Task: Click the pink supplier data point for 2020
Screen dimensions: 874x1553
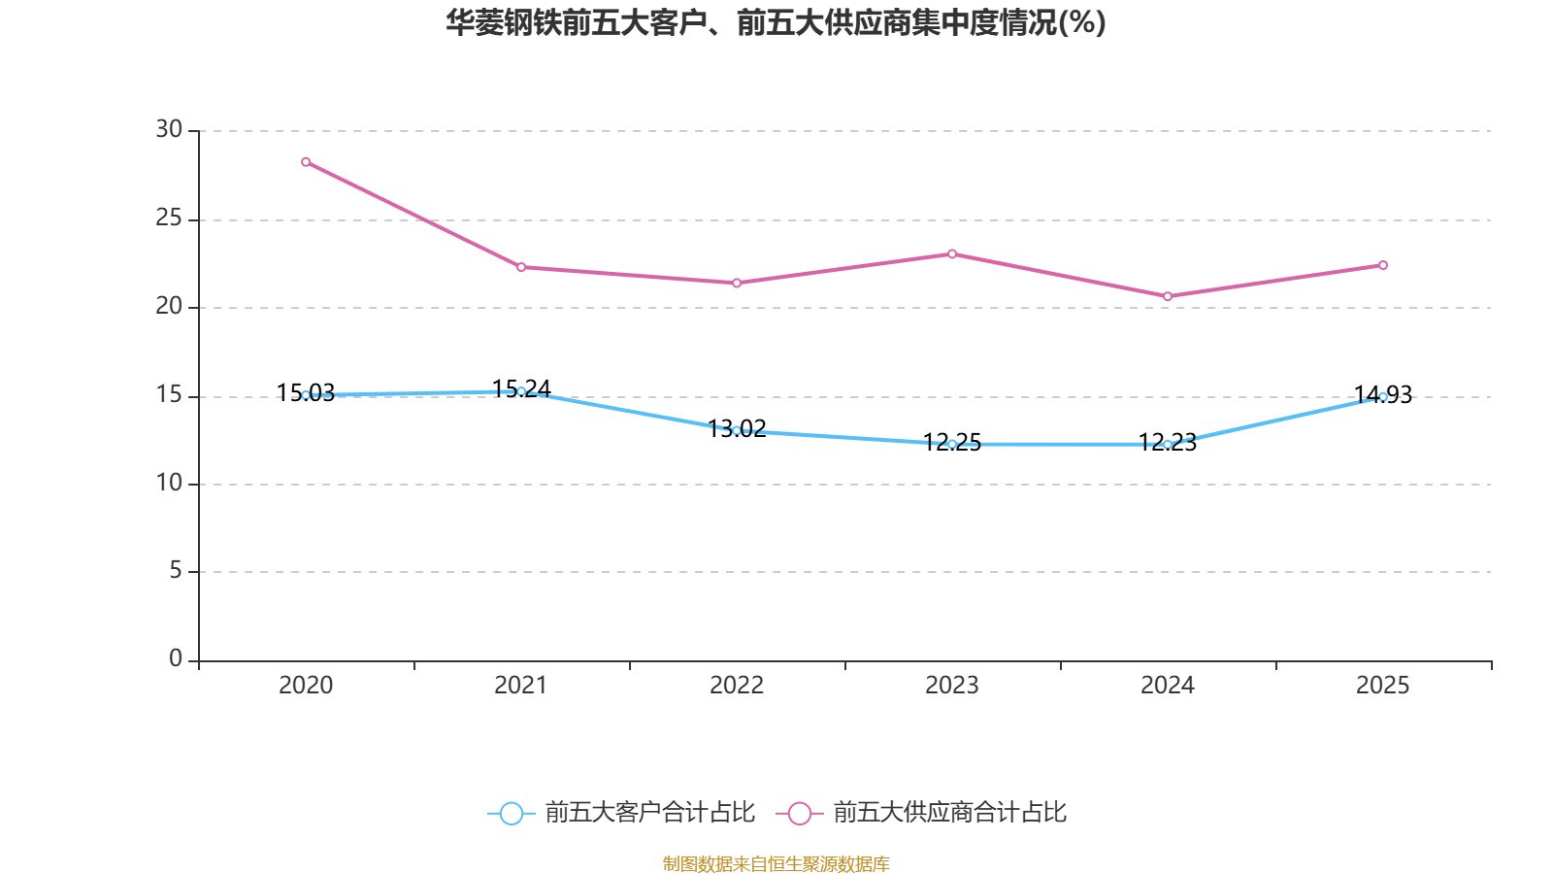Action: (x=306, y=162)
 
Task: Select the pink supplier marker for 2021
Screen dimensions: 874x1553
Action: (x=521, y=267)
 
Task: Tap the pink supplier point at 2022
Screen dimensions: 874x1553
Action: (x=737, y=283)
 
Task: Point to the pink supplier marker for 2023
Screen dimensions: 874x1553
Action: (x=952, y=254)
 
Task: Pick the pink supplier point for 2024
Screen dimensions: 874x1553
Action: (x=1168, y=296)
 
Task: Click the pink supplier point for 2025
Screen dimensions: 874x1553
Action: (x=1383, y=265)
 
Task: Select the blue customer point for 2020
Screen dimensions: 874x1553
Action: (x=306, y=395)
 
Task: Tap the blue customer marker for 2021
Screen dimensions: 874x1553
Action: (x=521, y=391)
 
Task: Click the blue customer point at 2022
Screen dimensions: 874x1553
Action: (x=737, y=430)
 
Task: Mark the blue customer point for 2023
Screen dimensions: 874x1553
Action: (x=952, y=444)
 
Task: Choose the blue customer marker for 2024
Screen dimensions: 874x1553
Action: (x=1168, y=444)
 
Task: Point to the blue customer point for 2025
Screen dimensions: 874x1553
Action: (x=1383, y=396)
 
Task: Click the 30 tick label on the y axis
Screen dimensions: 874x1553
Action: (x=169, y=129)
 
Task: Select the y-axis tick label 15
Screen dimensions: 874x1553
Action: (x=169, y=394)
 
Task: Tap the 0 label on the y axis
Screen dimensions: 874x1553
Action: (x=176, y=658)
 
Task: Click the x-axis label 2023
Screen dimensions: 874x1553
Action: (x=952, y=686)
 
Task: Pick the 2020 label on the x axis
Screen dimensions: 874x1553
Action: (x=306, y=686)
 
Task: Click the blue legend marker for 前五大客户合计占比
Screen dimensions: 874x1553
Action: (x=511, y=813)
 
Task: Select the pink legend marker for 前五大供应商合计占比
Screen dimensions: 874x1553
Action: (x=800, y=813)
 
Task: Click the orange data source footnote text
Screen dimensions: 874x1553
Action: (x=776, y=863)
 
